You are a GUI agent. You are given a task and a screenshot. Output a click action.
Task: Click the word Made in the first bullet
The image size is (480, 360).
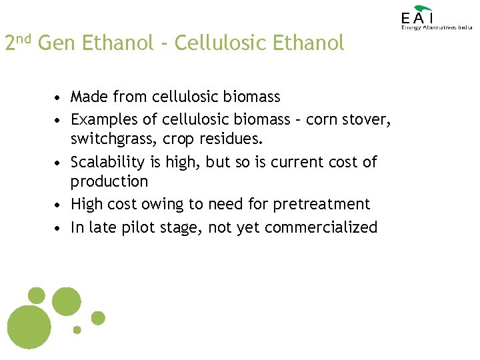pyautogui.click(x=90, y=97)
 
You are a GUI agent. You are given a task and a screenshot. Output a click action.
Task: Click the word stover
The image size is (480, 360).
pyautogui.click(x=369, y=120)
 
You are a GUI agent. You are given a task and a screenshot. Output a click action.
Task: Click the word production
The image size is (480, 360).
pyautogui.click(x=109, y=182)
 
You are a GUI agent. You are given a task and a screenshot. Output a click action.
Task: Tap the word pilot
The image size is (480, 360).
pyautogui.click(x=136, y=227)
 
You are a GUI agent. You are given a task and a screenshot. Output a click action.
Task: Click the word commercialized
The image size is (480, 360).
pyautogui.click(x=321, y=227)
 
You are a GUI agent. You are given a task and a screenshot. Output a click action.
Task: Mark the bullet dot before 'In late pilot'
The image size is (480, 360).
pyautogui.click(x=59, y=228)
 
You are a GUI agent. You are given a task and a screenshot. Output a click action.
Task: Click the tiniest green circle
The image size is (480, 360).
pyautogui.click(x=77, y=329)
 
